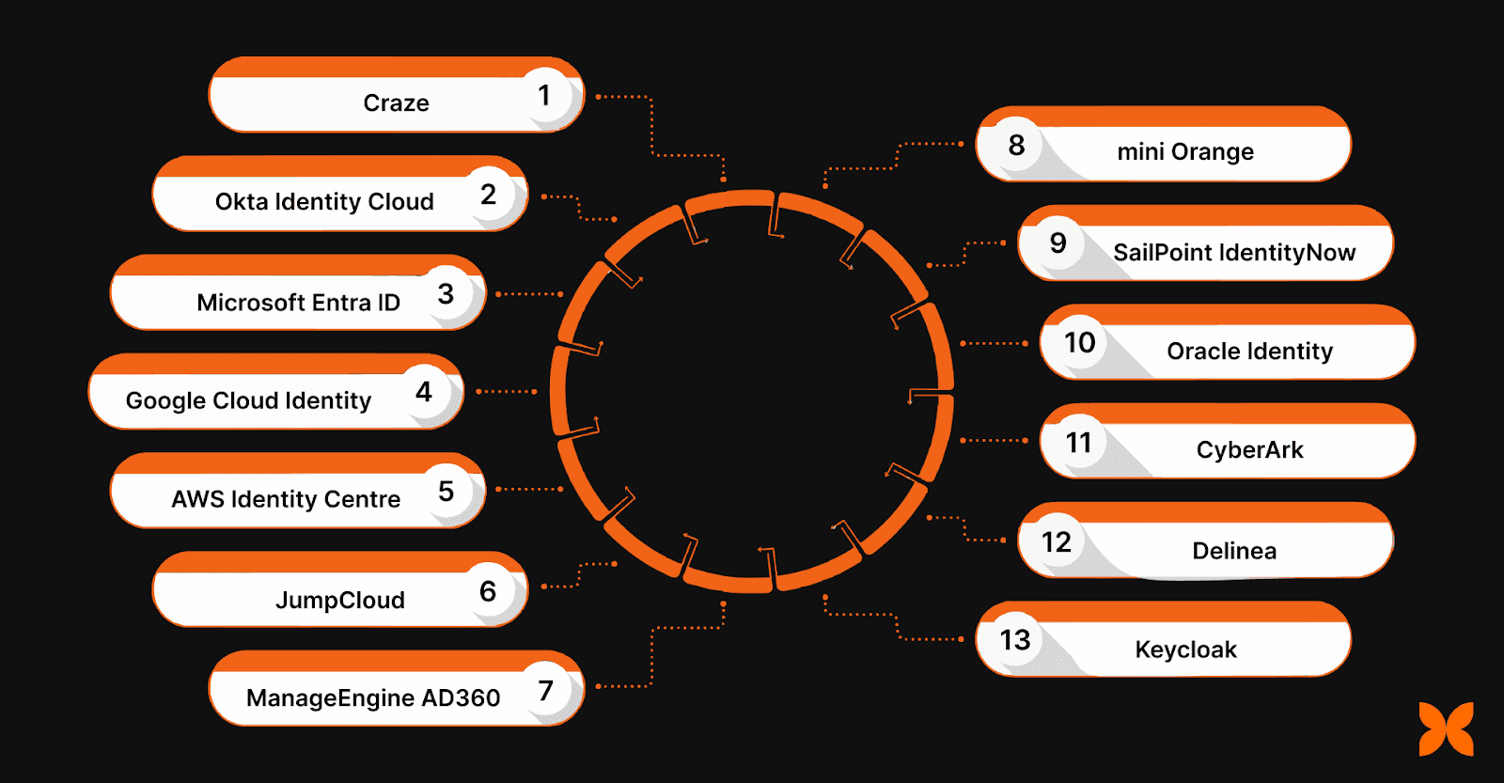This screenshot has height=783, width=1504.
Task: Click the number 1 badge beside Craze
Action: click(544, 96)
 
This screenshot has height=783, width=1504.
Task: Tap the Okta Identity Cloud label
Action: click(324, 202)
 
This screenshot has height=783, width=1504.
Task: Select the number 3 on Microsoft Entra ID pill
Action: click(446, 294)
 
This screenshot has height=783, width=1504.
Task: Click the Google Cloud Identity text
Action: click(248, 401)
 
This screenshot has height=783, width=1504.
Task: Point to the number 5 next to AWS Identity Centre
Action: click(446, 491)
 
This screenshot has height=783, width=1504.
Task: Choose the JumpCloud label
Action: click(339, 601)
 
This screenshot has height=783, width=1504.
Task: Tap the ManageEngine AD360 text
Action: click(373, 698)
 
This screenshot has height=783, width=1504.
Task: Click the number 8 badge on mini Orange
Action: click(1016, 146)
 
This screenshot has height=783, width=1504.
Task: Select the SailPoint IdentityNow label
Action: click(1234, 253)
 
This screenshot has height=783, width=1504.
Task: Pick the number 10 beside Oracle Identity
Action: click(1079, 343)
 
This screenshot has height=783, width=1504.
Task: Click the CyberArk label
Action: click(1249, 450)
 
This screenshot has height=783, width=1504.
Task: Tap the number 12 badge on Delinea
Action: click(1057, 542)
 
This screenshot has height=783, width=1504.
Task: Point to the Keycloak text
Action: click(1185, 650)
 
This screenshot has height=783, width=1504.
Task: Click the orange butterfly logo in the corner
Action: click(1446, 728)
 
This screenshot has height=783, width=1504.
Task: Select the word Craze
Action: click(396, 103)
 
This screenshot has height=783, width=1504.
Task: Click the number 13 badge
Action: click(1015, 641)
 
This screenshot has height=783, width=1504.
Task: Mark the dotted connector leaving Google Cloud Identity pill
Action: click(507, 391)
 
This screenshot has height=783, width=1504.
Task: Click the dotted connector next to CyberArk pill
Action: click(995, 440)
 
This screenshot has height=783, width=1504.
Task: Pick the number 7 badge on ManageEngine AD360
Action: click(546, 691)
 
